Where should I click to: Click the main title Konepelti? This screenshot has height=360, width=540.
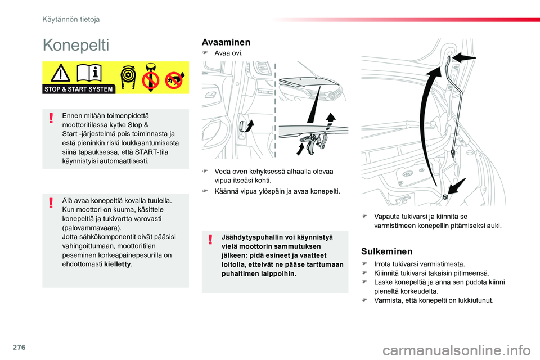(76, 45)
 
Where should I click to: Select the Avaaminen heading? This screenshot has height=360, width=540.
(226, 42)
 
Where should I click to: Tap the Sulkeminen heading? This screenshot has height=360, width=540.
(387, 251)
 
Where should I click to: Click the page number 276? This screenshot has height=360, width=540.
(19, 347)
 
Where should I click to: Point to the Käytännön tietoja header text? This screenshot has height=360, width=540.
(71, 20)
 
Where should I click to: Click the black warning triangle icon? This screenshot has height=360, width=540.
(61, 73)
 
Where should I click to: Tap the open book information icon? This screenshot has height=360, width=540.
(89, 73)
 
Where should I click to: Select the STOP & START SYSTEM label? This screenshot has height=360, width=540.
(79, 89)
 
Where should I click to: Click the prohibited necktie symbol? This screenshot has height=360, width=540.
(151, 77)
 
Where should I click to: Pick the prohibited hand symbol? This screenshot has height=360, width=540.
(175, 80)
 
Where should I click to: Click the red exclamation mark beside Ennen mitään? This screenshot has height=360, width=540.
(51, 118)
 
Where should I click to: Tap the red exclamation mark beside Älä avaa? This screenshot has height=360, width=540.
(51, 202)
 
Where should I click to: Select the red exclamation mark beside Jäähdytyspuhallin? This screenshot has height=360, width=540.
(210, 239)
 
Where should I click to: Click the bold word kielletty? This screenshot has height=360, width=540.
(117, 264)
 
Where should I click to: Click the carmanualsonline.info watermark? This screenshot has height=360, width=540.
(457, 350)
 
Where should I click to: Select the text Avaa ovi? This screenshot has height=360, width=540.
(228, 53)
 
